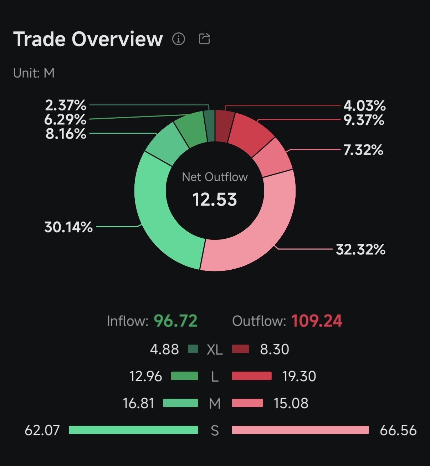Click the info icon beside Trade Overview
[179, 38]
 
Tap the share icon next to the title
[204, 38]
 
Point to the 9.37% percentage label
[364, 120]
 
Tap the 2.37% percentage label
[66, 105]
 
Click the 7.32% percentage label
[363, 150]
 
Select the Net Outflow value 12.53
[215, 200]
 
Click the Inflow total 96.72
[175, 321]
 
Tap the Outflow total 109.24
[317, 321]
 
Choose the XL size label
[215, 350]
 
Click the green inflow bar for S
[133, 430]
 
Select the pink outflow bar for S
[300, 430]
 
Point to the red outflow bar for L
[252, 376]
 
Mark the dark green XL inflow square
[193, 349]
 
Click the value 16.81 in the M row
[138, 403]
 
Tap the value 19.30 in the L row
[299, 376]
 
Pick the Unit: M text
[34, 73]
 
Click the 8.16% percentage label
[66, 134]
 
